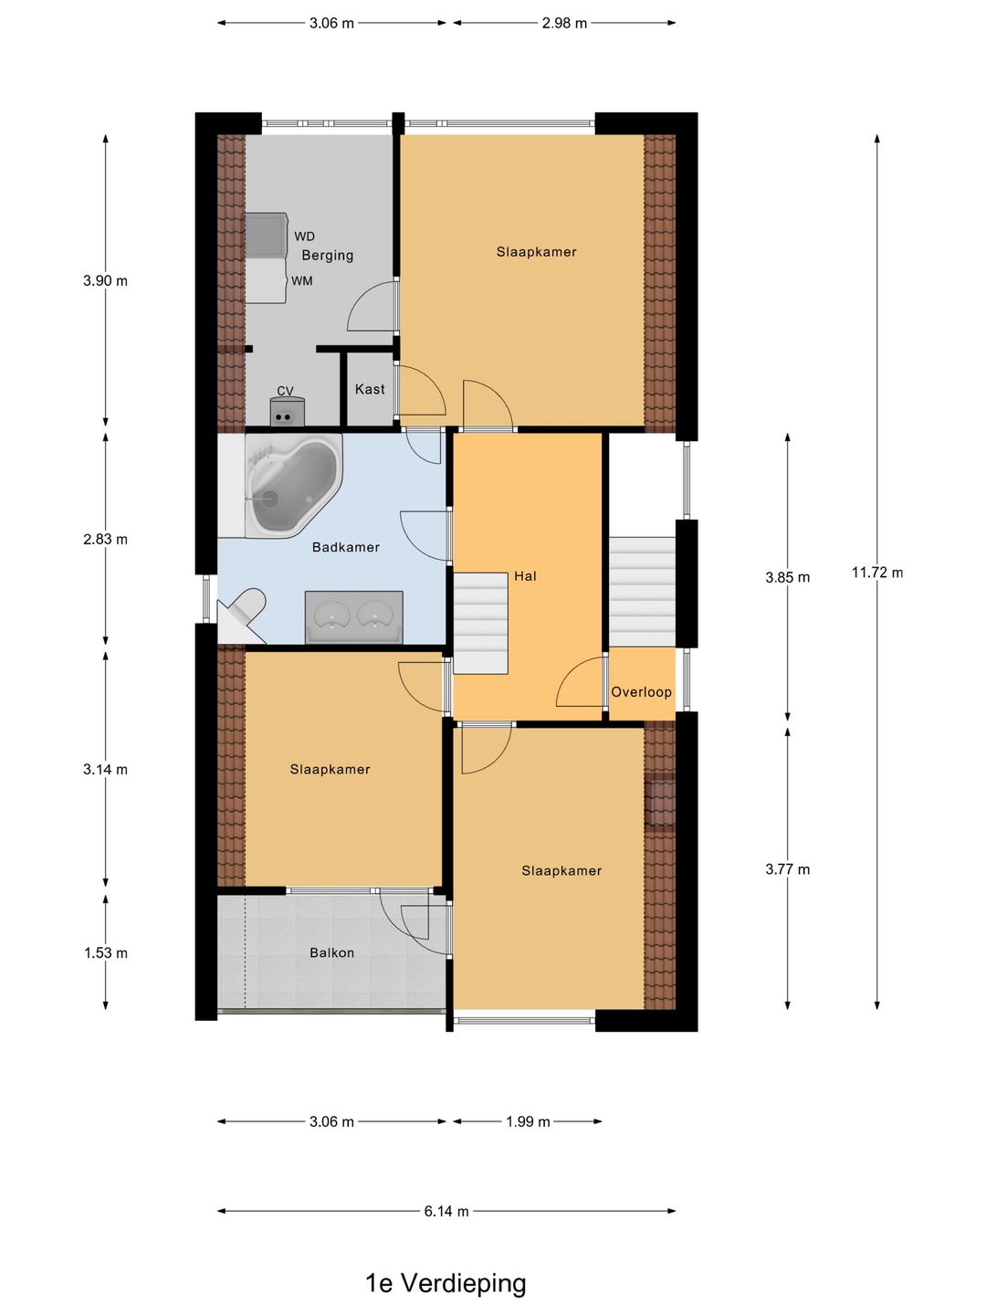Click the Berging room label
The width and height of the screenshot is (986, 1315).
point(327,255)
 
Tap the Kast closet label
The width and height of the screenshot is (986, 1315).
point(370,389)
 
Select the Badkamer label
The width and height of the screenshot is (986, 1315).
point(345,547)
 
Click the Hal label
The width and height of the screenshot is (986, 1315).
point(525,576)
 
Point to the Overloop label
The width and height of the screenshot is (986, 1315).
point(641,692)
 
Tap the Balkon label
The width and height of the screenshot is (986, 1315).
point(331,952)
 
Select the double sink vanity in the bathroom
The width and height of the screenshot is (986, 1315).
point(354,617)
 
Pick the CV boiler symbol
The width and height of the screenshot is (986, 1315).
point(288,411)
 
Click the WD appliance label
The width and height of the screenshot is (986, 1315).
point(304,237)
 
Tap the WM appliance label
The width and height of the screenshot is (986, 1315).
point(301,281)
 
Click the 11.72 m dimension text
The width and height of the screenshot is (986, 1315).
point(877,573)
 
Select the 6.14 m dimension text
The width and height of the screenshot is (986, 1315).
point(446,1212)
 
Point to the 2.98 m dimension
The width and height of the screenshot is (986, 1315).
point(564,24)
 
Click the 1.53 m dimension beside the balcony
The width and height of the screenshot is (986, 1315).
point(105,953)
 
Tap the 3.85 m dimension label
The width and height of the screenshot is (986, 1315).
point(787,577)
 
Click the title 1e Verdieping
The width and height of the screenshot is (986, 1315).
point(446,1283)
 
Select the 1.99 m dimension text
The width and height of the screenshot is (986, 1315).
point(528,1122)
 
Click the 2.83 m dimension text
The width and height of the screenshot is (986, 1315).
point(105,539)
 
